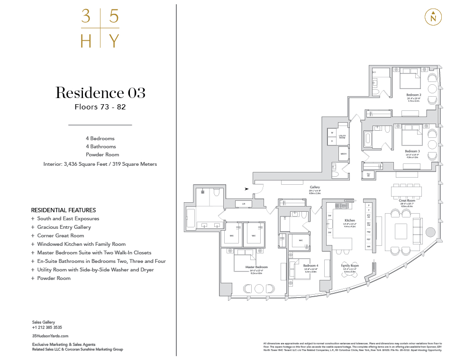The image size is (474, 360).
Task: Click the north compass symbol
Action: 433,17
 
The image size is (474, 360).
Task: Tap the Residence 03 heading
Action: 100,92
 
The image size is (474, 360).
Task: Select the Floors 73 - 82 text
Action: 100,107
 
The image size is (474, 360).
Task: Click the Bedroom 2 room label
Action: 414,95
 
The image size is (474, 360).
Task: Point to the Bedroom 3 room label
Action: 412,151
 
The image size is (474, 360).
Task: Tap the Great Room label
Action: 407,200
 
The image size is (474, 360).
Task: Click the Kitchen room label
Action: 350,221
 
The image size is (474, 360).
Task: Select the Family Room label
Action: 350,266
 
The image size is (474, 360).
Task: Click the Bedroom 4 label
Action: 310,266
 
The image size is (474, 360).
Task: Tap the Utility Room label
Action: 348,136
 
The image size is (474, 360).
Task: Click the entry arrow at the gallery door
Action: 247,189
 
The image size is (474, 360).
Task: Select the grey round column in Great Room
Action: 430,232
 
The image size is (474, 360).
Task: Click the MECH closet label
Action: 343,154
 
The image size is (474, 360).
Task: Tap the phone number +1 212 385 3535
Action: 47,327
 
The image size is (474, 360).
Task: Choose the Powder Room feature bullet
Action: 54,278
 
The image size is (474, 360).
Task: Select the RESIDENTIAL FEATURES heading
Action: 63,210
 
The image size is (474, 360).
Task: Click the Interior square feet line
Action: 100,164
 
